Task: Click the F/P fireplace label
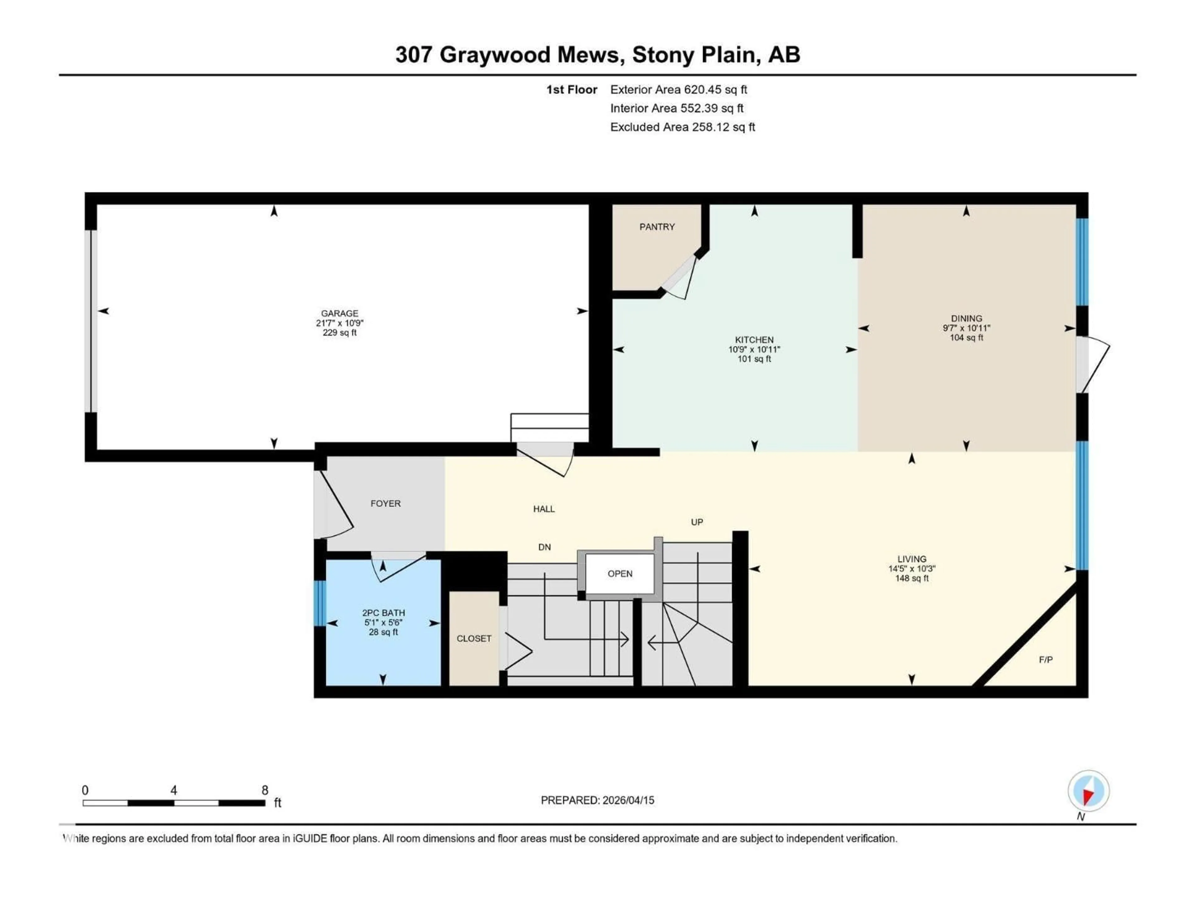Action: [x=1046, y=660]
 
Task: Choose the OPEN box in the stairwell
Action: [x=619, y=574]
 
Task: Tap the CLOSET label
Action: [x=474, y=638]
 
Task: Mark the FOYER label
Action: [x=386, y=503]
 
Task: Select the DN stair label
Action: [x=544, y=547]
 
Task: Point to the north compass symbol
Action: [x=1089, y=791]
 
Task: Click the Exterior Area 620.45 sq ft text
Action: [x=679, y=90]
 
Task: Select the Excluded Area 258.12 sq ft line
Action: [x=682, y=127]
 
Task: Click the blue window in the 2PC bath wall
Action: [x=320, y=603]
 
